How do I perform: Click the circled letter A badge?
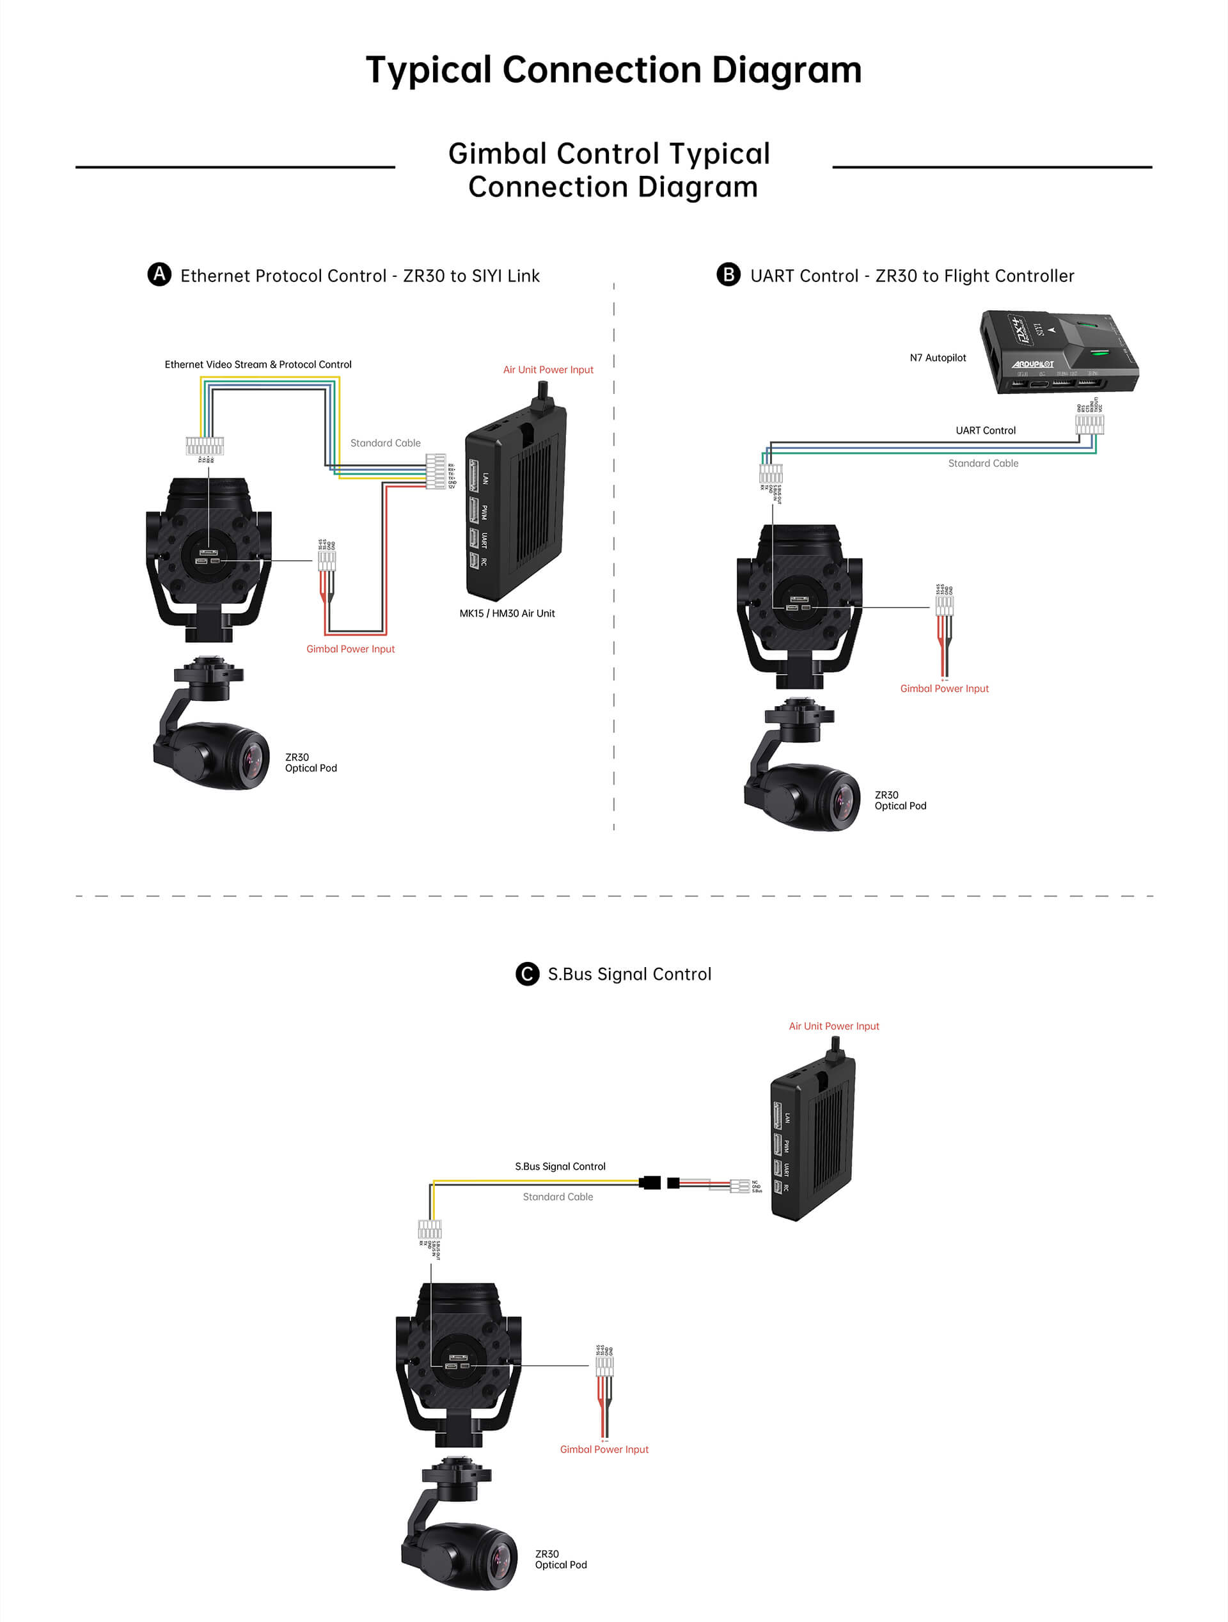pyautogui.click(x=159, y=274)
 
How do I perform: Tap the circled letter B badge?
pyautogui.click(x=728, y=274)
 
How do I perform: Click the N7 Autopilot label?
pyautogui.click(x=938, y=358)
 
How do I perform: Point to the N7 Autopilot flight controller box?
pyautogui.click(x=1059, y=351)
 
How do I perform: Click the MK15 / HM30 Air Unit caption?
pyautogui.click(x=507, y=613)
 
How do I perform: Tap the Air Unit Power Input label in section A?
pyautogui.click(x=547, y=370)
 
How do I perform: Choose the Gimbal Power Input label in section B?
pyautogui.click(x=943, y=689)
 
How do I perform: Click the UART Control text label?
pyautogui.click(x=986, y=430)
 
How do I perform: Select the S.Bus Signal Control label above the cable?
pyautogui.click(x=560, y=1167)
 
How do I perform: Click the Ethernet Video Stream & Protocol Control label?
pyautogui.click(x=258, y=365)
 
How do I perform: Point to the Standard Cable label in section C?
pyautogui.click(x=558, y=1197)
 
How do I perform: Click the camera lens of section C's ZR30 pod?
pyautogui.click(x=501, y=1560)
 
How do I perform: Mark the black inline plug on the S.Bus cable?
pyautogui.click(x=650, y=1183)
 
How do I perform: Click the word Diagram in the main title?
pyautogui.click(x=786, y=70)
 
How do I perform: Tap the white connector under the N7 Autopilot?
pyautogui.click(x=1089, y=424)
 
